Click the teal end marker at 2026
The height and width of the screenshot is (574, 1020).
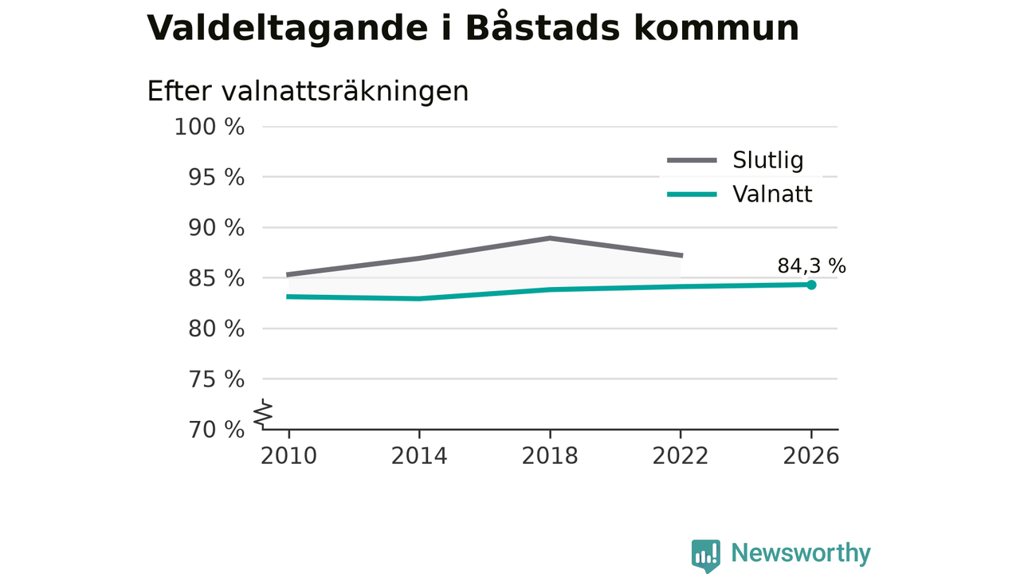pos(811,285)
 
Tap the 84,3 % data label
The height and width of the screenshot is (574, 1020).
pos(811,265)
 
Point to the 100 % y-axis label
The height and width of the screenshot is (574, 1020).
pos(210,127)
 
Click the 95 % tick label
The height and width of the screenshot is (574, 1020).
pos(216,177)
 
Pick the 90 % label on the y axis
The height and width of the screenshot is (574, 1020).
pos(216,228)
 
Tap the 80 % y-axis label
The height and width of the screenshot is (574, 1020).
pos(216,328)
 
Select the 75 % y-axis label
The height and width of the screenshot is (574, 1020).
pos(216,379)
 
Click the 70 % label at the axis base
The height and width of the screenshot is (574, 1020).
pos(216,430)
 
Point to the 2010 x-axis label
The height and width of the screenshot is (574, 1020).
pos(288,456)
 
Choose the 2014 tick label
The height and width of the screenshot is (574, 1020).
pos(419,456)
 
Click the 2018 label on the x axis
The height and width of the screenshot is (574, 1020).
pos(550,456)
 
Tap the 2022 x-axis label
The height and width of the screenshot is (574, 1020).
pos(681,456)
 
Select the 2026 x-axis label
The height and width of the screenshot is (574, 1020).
pos(810,456)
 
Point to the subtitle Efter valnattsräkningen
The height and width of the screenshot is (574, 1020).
pos(308,91)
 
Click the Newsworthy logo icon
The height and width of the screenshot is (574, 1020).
pos(705,556)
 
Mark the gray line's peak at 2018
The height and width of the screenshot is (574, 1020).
pos(550,238)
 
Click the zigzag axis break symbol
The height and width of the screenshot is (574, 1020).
pos(263,414)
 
